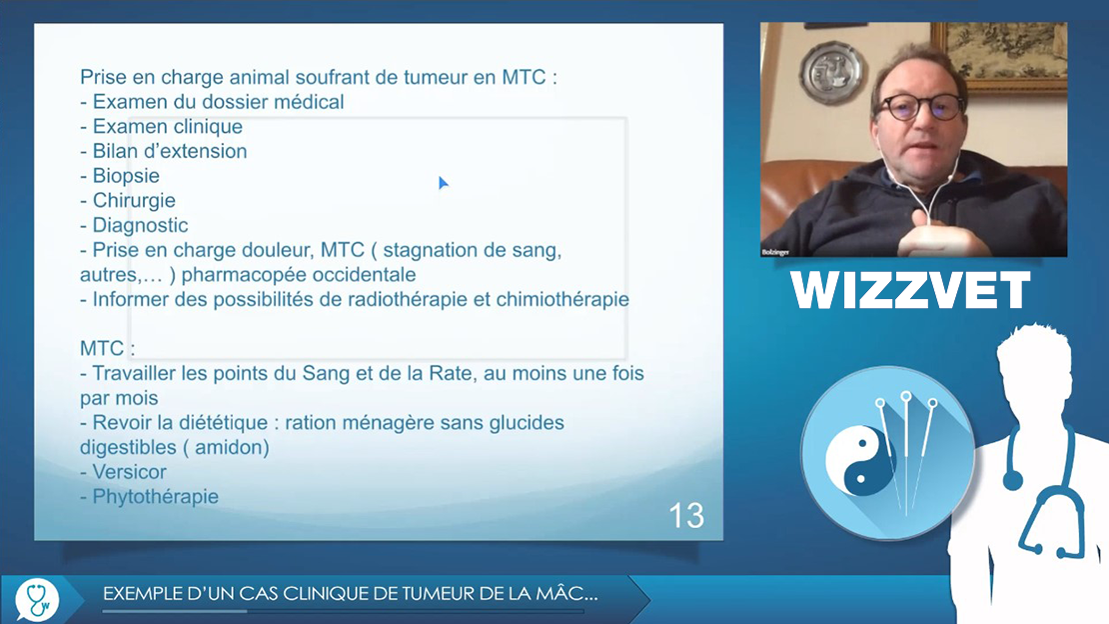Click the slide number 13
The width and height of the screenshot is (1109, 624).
(x=686, y=516)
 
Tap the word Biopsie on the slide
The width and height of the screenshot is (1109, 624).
(x=126, y=176)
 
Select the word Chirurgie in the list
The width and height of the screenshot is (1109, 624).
(x=134, y=200)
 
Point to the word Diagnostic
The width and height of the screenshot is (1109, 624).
(x=140, y=225)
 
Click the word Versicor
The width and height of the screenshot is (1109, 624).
(x=130, y=472)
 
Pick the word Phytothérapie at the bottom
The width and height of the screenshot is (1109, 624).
(x=156, y=497)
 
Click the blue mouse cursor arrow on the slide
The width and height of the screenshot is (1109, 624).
(x=443, y=183)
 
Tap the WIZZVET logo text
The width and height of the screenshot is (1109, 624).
(x=910, y=290)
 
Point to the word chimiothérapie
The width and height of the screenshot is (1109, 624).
(x=562, y=300)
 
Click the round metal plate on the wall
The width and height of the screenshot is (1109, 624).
(x=832, y=72)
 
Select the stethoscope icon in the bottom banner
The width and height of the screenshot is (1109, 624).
(x=37, y=599)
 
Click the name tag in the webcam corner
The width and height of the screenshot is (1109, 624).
(x=775, y=252)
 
